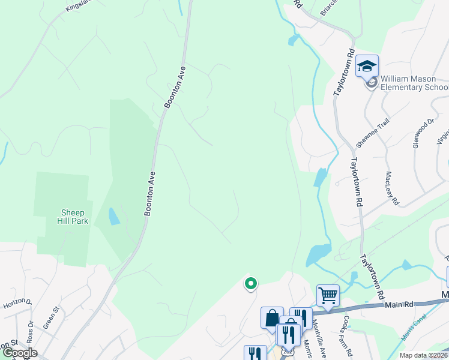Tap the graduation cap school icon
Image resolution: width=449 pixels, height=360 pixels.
tap(366, 66)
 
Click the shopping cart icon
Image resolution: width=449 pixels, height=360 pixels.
tap(328, 295)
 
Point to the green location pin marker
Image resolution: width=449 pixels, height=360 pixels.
tap(251, 283)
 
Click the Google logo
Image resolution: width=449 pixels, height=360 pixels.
tap(19, 353)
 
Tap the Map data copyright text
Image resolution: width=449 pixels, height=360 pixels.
tap(423, 355)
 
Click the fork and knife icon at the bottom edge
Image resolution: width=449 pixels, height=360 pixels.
tap(255, 354)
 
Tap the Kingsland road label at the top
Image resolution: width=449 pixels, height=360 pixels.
tap(77, 6)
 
